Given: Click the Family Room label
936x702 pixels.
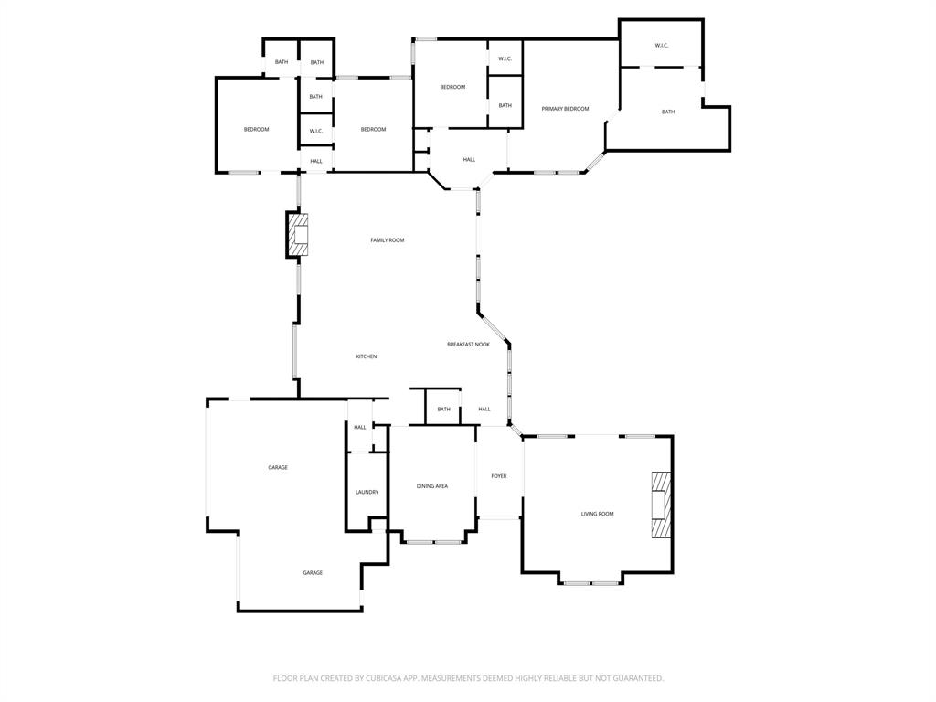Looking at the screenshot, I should point(387,240).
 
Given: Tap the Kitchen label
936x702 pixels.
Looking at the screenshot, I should point(367,356).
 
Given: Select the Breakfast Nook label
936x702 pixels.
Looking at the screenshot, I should point(468,345).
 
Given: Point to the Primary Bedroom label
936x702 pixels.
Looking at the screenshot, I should point(565,109).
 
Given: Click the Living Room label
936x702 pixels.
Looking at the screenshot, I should point(598,514).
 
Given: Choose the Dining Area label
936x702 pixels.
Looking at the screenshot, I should point(432,486).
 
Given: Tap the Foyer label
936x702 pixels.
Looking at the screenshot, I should point(499,476).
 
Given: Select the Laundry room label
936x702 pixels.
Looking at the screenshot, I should point(367,492).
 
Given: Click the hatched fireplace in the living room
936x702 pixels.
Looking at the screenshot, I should point(661,507).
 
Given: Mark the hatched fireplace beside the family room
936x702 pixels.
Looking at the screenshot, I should point(297,234).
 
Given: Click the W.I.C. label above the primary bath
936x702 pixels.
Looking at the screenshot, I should point(662,46).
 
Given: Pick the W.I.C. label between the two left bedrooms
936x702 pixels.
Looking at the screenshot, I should point(316,131).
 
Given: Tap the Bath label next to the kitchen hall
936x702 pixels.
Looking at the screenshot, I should point(443,409).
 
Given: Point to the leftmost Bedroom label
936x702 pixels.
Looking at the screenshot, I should point(256,129).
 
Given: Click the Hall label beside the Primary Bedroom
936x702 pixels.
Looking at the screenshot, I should point(469,160).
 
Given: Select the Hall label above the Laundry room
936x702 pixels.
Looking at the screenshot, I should point(360,427).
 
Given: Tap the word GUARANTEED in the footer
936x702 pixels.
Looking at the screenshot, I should point(632,678).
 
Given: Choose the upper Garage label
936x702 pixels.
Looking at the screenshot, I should point(278,467).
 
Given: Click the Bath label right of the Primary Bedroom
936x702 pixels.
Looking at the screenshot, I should point(668,112).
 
